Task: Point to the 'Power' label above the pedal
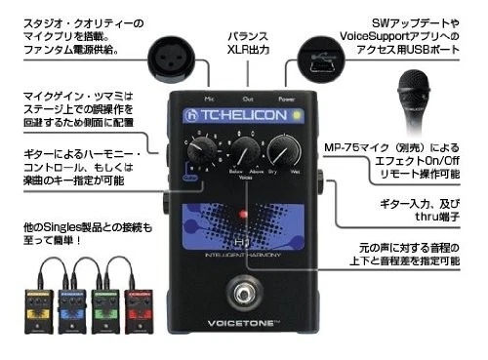coord(286,98)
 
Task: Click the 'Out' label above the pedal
coord(247,98)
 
